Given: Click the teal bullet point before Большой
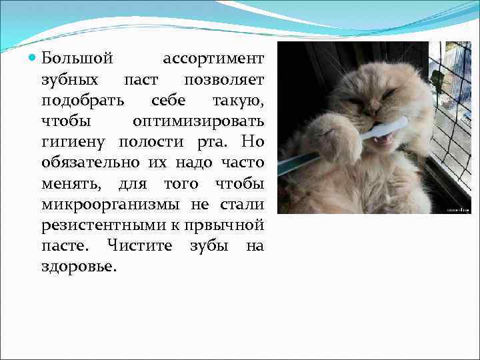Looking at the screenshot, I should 34,59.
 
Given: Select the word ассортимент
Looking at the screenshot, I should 213,59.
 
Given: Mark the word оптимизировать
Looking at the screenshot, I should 198,122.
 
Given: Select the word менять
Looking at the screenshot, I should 69,184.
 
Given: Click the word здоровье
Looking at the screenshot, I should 79,267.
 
